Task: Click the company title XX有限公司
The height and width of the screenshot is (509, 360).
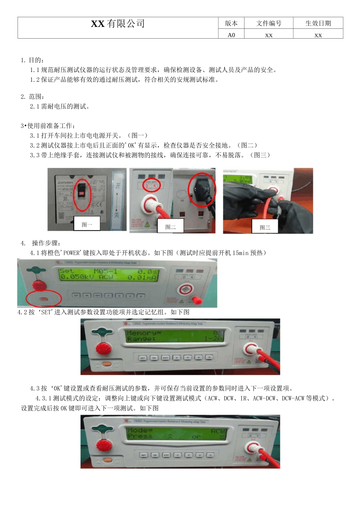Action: pos(118,24)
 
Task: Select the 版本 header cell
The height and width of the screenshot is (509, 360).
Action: pos(231,23)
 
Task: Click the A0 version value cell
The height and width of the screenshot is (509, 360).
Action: pos(231,35)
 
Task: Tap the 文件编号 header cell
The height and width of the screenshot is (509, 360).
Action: pos(269,23)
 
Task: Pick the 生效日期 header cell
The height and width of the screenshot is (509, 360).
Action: pos(318,23)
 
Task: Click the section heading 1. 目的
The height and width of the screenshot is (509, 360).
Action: pos(32,60)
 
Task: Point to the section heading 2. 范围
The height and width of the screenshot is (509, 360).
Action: pos(32,97)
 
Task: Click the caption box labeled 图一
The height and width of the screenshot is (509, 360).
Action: pos(87,224)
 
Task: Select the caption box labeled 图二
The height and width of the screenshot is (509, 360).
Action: pos(170,226)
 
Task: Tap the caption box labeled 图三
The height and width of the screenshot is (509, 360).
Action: pos(265,227)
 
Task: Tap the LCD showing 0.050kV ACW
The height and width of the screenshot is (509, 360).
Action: pos(108,275)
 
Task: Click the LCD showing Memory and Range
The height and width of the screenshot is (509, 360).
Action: pos(175,336)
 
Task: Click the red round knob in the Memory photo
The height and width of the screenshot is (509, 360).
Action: pos(102,348)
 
